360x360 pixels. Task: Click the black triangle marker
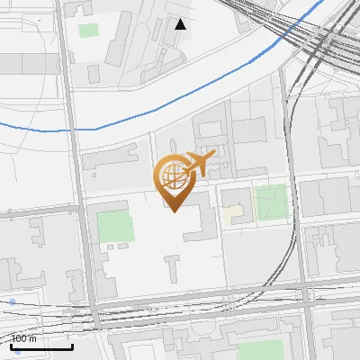181,24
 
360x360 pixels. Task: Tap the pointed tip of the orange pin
173,211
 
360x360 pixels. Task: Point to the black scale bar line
41,346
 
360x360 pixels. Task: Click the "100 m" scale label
23,338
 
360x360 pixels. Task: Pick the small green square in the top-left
88,31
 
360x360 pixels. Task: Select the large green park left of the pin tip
114,227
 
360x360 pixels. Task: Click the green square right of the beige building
272,202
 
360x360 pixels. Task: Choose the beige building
233,215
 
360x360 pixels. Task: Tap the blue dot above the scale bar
12,302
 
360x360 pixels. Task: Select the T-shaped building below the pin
172,266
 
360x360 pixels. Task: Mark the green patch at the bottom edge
261,351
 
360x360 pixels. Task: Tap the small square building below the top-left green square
95,71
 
